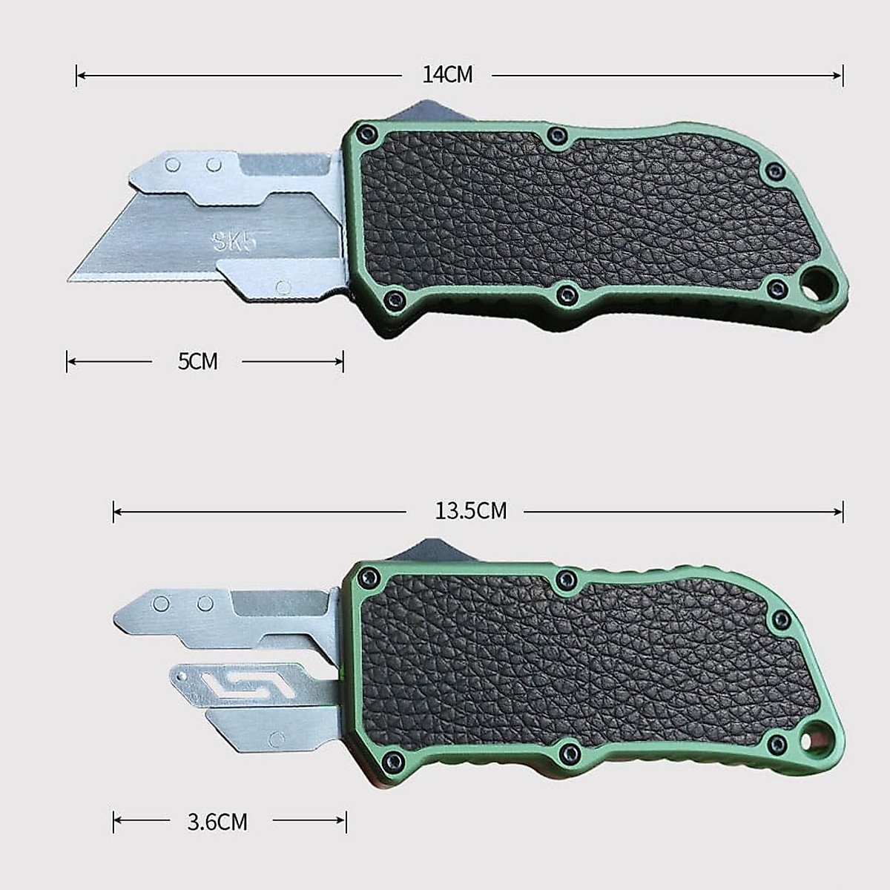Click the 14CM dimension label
tap(447, 75)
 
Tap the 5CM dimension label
tap(198, 361)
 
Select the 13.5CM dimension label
tap(471, 511)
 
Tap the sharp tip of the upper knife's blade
tap(68, 280)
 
